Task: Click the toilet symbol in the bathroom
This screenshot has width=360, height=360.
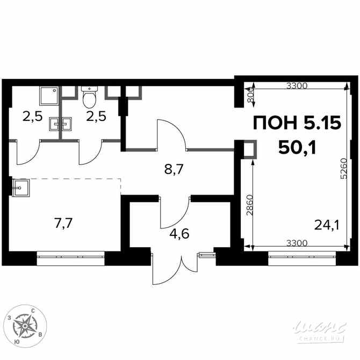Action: [x=89, y=97]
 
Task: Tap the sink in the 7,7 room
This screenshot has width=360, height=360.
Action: [x=21, y=188]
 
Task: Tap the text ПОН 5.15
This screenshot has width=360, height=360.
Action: [x=297, y=124]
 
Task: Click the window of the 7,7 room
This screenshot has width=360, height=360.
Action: [x=71, y=256]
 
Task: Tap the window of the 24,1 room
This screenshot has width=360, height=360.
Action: [x=300, y=256]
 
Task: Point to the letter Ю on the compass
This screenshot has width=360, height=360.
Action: [x=19, y=342]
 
